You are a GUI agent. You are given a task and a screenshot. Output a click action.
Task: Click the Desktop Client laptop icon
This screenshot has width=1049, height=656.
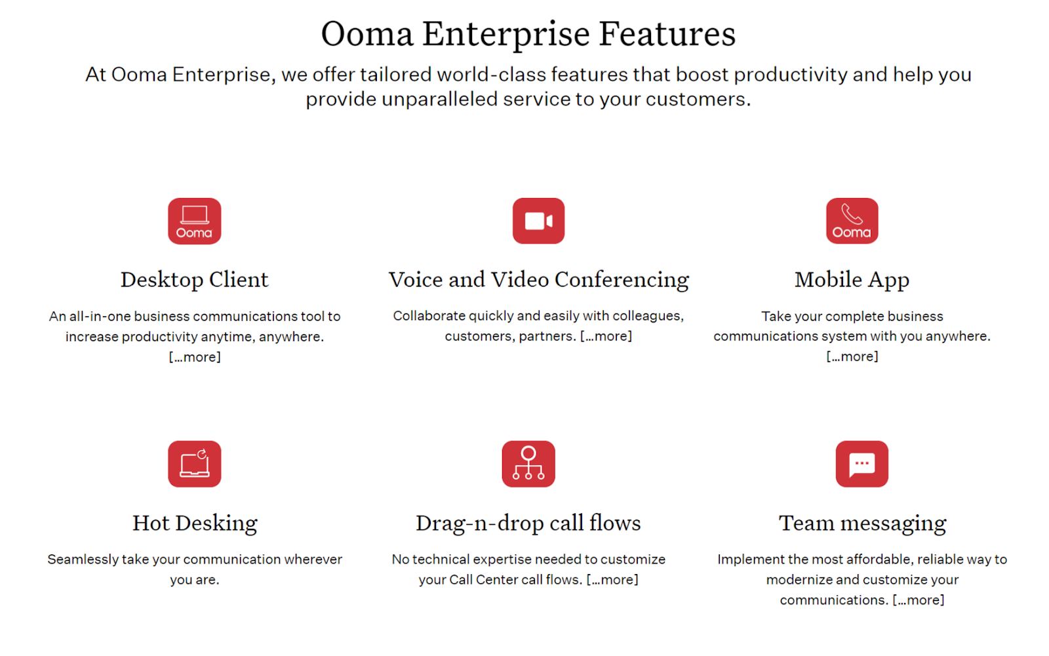tap(194, 220)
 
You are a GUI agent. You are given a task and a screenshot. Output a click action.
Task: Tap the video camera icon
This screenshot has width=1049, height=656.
tap(538, 220)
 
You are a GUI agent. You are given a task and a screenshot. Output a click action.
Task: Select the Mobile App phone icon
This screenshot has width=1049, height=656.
tap(852, 220)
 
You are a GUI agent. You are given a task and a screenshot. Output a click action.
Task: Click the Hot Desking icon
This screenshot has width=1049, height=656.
tap(194, 464)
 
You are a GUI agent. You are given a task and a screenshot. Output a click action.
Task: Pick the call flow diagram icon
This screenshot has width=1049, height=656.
tap(528, 464)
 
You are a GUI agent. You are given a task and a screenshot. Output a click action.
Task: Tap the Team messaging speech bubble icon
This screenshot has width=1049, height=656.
tap(862, 464)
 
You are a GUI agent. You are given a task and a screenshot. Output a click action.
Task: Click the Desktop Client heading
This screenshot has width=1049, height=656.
tap(194, 280)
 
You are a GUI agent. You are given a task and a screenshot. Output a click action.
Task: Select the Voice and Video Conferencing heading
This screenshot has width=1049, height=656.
tap(538, 280)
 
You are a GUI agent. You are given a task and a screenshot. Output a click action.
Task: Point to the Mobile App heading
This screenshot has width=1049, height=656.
tap(852, 280)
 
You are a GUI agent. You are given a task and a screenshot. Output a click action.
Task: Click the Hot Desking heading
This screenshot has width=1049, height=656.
tap(195, 523)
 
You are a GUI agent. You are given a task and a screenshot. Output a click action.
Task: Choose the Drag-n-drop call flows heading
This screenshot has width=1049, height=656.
tap(528, 523)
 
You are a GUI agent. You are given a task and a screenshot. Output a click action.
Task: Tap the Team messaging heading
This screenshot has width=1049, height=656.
tap(862, 523)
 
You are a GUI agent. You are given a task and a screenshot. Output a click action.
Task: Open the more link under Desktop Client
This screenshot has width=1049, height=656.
tap(195, 357)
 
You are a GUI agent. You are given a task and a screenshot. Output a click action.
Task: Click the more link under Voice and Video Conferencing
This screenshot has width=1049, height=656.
tap(606, 336)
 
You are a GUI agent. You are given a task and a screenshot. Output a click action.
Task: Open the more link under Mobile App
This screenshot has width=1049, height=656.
tap(852, 357)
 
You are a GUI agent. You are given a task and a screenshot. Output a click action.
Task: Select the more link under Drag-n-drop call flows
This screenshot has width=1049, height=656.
tap(612, 580)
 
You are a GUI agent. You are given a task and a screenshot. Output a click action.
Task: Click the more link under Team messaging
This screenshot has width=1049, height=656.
tap(919, 600)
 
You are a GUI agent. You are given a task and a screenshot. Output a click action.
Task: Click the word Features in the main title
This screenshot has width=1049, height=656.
tap(667, 33)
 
